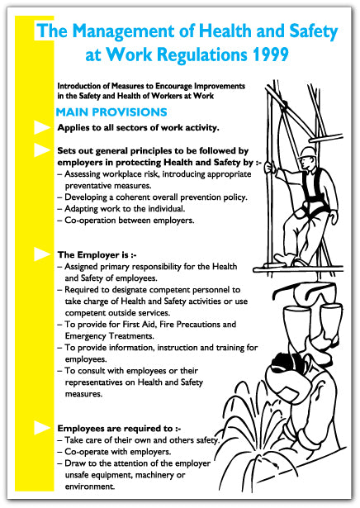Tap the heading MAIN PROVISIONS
point(111,112)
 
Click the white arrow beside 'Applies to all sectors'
point(40,128)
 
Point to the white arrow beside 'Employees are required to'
point(40,428)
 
